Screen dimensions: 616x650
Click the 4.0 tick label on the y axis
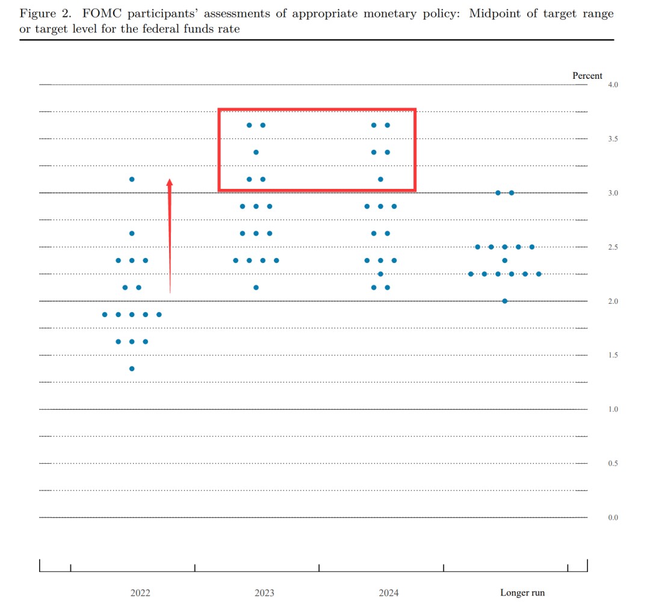point(613,85)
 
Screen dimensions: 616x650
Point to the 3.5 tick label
point(613,139)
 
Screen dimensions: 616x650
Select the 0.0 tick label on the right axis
point(613,517)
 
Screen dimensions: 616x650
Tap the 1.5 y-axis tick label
point(613,355)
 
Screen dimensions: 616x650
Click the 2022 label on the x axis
point(140,593)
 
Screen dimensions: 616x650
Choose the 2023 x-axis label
point(264,593)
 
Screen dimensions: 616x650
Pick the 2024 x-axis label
point(388,593)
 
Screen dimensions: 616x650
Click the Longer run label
point(522,593)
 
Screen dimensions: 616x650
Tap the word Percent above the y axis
point(587,76)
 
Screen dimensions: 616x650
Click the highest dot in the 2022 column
point(132,179)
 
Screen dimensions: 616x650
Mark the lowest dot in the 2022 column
point(132,369)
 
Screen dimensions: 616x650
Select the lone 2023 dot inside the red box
point(256,152)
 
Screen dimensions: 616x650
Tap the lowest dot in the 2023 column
point(256,288)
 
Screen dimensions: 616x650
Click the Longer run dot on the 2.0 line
point(504,301)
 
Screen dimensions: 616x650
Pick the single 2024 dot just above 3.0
point(380,179)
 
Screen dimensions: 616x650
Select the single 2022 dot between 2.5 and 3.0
point(132,233)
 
